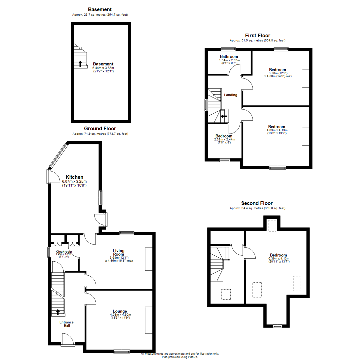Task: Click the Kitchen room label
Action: [x=74, y=177]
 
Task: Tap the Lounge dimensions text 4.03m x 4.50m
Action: [x=120, y=315]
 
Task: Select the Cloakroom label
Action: [x=64, y=252]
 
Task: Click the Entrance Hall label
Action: [x=67, y=324]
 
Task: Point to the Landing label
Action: [x=231, y=95]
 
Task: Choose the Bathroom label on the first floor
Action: [x=229, y=56]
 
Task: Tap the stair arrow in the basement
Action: [x=80, y=63]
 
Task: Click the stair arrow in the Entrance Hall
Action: [x=58, y=312]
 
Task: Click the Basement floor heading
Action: [x=100, y=9]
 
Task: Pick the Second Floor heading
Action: [x=257, y=203]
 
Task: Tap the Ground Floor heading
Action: [x=100, y=128]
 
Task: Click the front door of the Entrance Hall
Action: [x=67, y=340]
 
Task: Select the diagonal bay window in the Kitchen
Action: [x=57, y=155]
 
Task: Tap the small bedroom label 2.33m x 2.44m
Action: [x=224, y=139]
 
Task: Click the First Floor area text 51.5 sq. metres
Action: [x=258, y=41]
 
